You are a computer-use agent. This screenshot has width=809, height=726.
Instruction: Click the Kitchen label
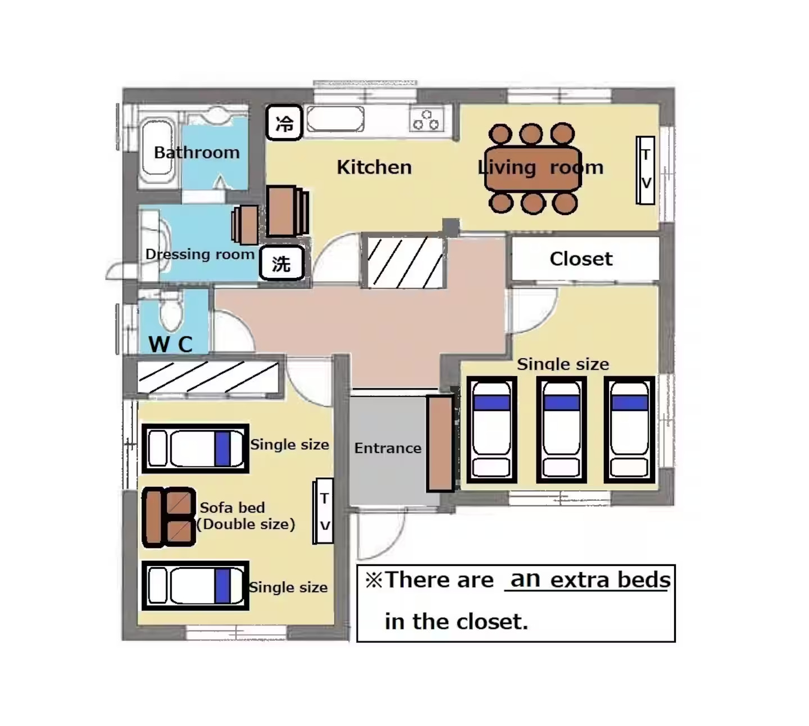coord(374,167)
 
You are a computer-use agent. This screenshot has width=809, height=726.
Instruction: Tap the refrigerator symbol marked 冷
coord(284,122)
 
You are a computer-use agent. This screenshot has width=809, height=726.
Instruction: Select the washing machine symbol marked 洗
coord(281,263)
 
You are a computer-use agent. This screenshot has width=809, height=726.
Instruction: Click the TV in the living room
coord(646,170)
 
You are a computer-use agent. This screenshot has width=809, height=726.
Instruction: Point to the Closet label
coord(581,259)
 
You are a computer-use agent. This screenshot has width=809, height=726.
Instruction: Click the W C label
coord(170,344)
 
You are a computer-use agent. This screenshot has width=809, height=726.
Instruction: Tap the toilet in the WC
coord(171,312)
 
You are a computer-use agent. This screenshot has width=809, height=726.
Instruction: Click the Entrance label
coord(388,448)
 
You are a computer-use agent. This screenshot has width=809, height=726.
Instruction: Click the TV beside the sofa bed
coord(324,511)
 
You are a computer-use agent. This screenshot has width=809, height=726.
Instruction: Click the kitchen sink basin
coord(335,119)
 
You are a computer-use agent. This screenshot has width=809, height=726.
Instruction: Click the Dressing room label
coord(200,254)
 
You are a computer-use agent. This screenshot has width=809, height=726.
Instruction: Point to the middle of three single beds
coord(561,430)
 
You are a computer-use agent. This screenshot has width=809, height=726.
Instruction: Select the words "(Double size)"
coord(246,524)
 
